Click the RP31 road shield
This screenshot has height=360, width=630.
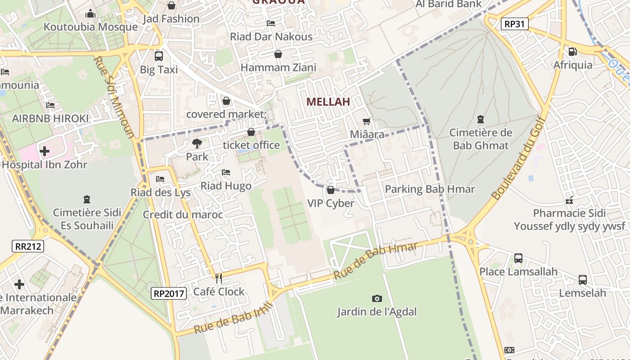click(514, 24)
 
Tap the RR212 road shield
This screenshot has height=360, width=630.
click(28, 246)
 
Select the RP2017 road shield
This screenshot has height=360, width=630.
click(169, 294)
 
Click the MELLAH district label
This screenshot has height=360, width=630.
click(328, 102)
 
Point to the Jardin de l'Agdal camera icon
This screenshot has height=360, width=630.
click(377, 298)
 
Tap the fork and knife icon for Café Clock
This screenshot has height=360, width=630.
click(219, 279)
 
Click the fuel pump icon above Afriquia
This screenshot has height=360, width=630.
click(572, 52)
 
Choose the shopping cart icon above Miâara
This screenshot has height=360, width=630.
click(367, 121)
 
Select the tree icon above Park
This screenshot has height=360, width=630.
click(197, 144)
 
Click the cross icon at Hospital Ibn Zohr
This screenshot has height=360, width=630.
click(45, 151)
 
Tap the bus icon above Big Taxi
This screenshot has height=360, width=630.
click(158, 56)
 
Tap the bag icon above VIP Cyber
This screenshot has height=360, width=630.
click(331, 190)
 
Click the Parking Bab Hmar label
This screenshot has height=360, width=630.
click(430, 189)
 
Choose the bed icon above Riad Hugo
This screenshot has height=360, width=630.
click(226, 172)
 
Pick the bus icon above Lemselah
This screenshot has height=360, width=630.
click(583, 280)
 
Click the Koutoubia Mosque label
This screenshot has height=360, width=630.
click(90, 27)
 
